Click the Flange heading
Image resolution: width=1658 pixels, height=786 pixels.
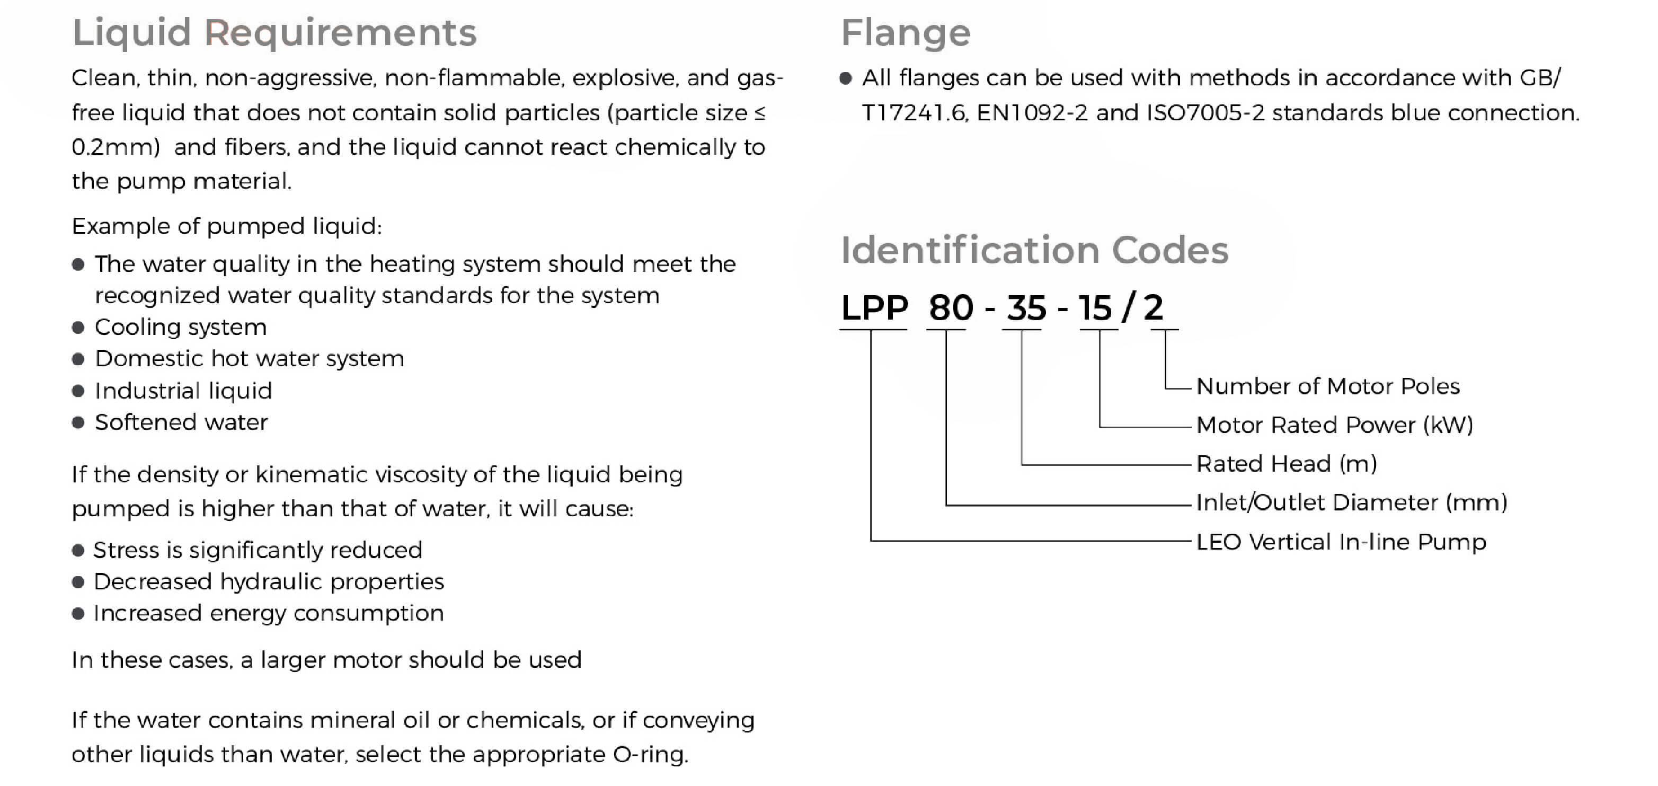(x=906, y=33)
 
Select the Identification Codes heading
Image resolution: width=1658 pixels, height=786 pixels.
(x=1034, y=250)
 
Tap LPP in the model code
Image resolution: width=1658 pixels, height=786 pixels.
(x=874, y=308)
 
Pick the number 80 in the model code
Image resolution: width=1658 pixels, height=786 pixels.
(x=951, y=308)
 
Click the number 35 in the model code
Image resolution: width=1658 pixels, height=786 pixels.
(x=1026, y=308)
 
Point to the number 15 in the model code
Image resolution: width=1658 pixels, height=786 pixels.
(x=1095, y=308)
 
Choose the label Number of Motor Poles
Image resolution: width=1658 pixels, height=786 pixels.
(x=1327, y=386)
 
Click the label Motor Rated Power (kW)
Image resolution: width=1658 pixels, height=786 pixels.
(x=1334, y=425)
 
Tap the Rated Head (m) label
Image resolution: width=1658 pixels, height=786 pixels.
(x=1286, y=463)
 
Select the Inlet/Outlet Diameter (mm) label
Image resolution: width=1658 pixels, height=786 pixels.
(x=1352, y=502)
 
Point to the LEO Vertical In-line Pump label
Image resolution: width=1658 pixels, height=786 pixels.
(x=1341, y=542)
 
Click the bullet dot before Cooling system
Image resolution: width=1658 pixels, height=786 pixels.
(x=78, y=328)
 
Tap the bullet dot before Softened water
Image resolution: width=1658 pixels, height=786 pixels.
(x=78, y=423)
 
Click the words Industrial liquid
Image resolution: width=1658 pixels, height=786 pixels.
(x=183, y=391)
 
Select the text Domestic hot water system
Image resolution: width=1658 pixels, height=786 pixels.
(x=249, y=359)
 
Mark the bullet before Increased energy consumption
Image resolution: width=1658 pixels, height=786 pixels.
(x=78, y=613)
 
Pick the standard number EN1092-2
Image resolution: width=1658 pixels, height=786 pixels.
(x=1032, y=113)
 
